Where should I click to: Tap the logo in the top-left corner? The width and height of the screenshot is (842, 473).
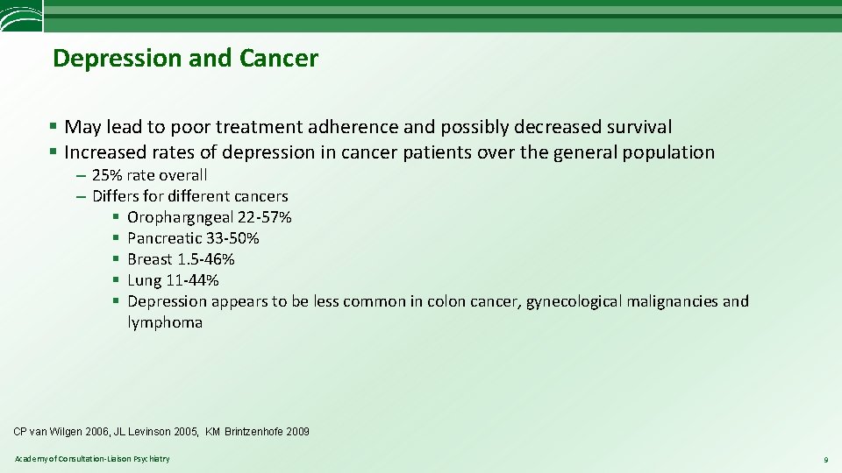tap(21, 15)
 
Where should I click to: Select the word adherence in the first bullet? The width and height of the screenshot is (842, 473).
tap(373, 127)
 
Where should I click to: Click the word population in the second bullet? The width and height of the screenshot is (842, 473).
tap(668, 152)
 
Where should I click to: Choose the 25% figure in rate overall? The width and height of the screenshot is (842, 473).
tap(107, 174)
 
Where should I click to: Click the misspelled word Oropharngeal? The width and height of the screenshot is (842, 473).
tap(180, 217)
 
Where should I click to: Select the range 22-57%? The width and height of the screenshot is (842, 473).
tap(265, 217)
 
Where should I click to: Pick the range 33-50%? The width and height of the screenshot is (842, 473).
tap(232, 238)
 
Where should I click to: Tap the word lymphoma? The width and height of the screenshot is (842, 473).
tap(165, 322)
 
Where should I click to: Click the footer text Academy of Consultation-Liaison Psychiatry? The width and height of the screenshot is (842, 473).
tap(92, 459)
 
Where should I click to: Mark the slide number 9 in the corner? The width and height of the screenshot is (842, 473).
tap(824, 460)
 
